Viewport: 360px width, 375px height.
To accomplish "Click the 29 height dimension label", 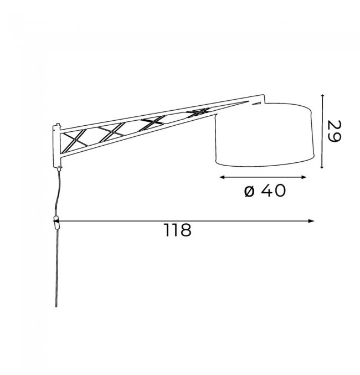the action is [334, 131].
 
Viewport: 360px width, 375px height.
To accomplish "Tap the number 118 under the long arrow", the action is [178, 230].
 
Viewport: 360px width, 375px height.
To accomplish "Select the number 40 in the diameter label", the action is [272, 191].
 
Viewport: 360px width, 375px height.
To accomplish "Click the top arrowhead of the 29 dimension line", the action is [322, 96].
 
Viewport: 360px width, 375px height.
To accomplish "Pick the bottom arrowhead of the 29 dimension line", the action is [322, 167].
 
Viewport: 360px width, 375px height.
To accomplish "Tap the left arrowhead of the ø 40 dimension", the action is [222, 177].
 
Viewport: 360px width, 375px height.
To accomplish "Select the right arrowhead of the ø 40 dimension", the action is [304, 177].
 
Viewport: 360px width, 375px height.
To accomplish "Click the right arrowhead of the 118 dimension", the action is [311, 221].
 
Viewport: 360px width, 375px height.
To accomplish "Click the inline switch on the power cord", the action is [56, 223].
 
